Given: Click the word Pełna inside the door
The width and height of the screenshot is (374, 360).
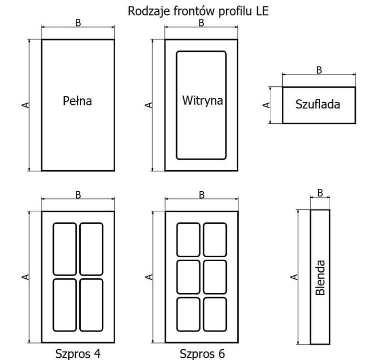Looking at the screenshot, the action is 77,101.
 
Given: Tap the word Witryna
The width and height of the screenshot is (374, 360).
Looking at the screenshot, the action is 202,100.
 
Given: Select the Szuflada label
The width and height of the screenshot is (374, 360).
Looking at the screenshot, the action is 318,104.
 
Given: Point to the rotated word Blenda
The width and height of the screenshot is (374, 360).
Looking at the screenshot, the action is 320,278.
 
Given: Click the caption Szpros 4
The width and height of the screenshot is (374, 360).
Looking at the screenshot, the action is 78,354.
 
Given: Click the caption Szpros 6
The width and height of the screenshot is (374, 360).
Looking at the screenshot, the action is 202,354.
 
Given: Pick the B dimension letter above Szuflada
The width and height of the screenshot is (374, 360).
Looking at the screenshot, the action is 319,70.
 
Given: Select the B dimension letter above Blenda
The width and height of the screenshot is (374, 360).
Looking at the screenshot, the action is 320,193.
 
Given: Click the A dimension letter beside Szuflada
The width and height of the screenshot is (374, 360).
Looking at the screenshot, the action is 266,105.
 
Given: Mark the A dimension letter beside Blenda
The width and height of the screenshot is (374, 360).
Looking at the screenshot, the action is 294,277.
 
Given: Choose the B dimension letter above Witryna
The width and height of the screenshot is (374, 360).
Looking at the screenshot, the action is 201,23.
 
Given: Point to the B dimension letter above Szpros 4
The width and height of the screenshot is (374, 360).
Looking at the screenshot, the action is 78,195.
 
